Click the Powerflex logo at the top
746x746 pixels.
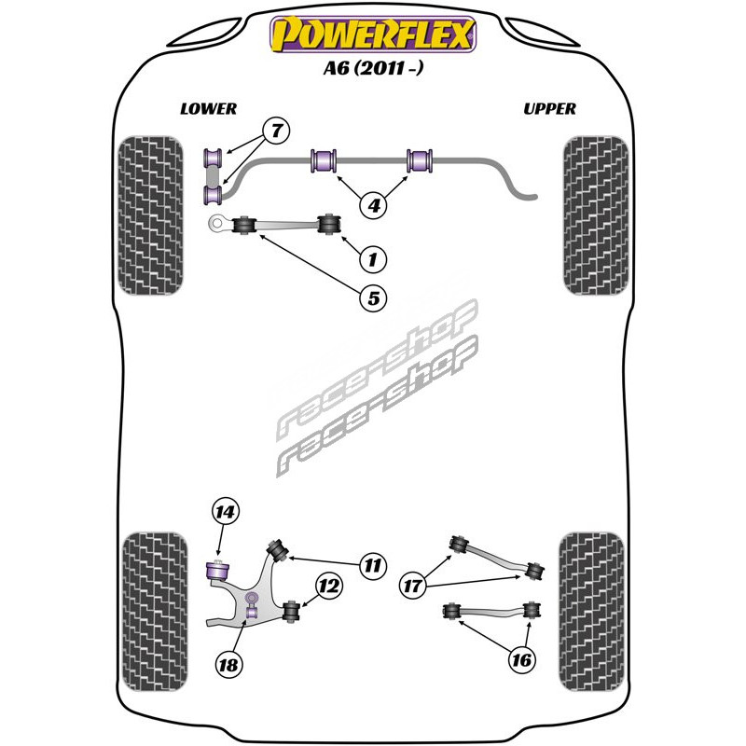pyautogui.click(x=373, y=34)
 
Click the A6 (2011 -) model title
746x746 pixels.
pyautogui.click(x=373, y=68)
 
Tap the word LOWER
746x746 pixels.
pyautogui.click(x=208, y=109)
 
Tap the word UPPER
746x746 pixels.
pyautogui.click(x=549, y=109)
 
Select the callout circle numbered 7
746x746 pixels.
pyautogui.click(x=277, y=131)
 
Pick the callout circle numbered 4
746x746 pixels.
pyautogui.click(x=374, y=205)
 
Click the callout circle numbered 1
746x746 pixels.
pyautogui.click(x=373, y=260)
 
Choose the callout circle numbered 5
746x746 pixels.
pyautogui.click(x=374, y=298)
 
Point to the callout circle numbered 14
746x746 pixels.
pyautogui.click(x=225, y=512)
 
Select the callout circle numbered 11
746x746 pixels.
pyautogui.click(x=372, y=566)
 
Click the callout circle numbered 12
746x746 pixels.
pyautogui.click(x=329, y=586)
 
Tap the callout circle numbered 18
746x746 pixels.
pyautogui.click(x=228, y=664)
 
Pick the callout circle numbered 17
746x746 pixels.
pyautogui.click(x=412, y=586)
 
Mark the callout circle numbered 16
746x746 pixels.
pyautogui.click(x=522, y=660)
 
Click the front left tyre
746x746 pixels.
pyautogui.click(x=150, y=215)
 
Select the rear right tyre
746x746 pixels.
pyautogui.click(x=591, y=612)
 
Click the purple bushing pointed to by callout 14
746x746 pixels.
pyautogui.click(x=217, y=571)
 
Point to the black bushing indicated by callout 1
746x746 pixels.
pyautogui.click(x=329, y=225)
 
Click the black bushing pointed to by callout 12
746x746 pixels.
pyautogui.click(x=291, y=611)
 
